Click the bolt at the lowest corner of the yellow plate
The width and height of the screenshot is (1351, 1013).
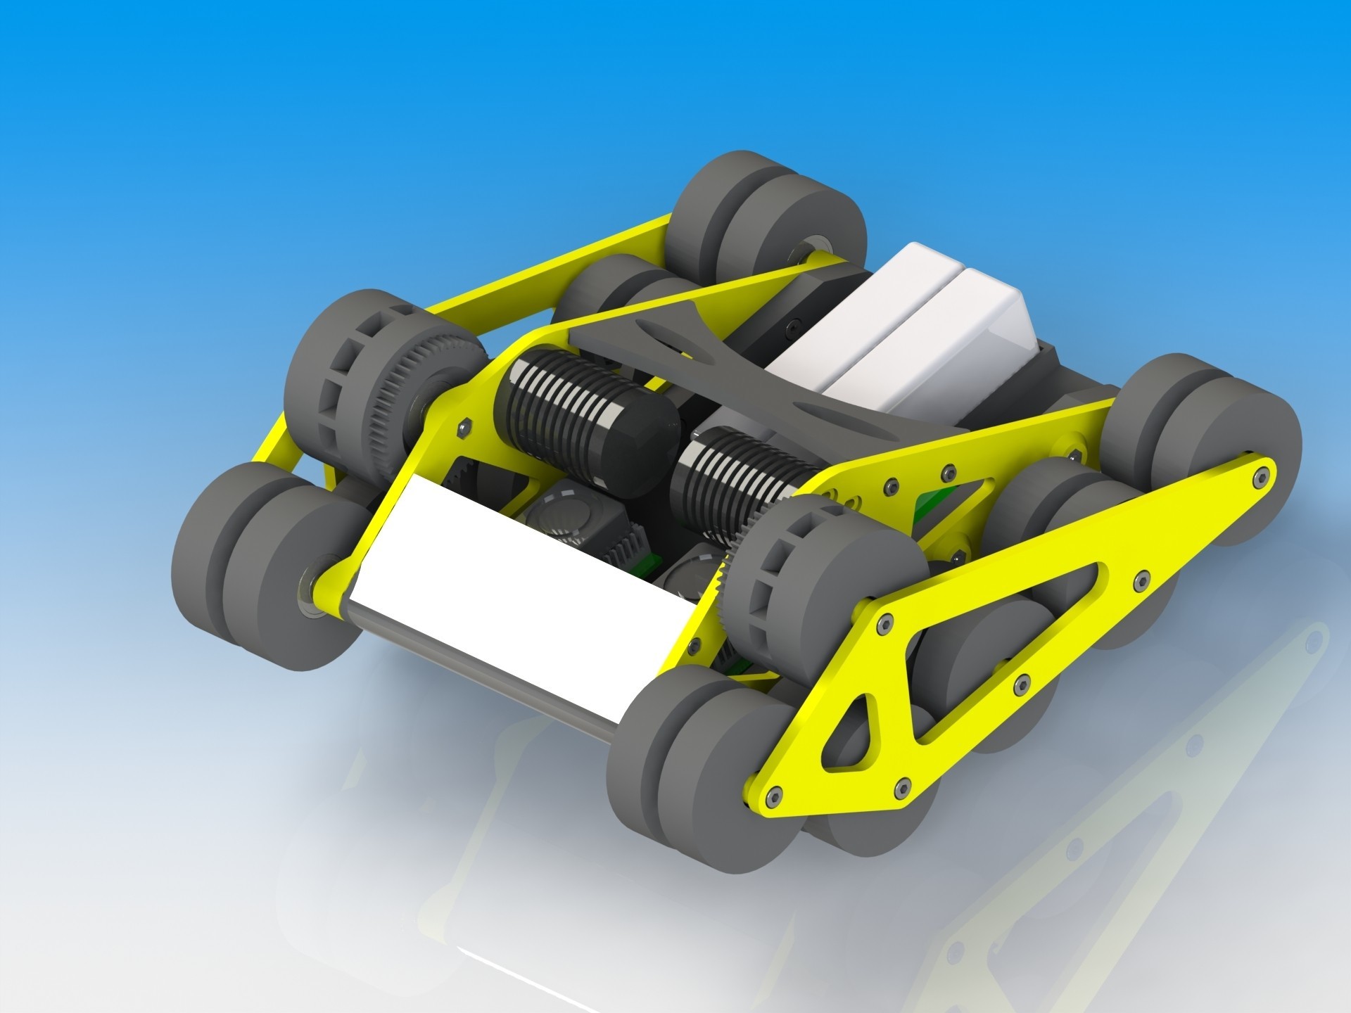pos(774,795)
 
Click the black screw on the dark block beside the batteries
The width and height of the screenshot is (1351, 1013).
pos(794,326)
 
